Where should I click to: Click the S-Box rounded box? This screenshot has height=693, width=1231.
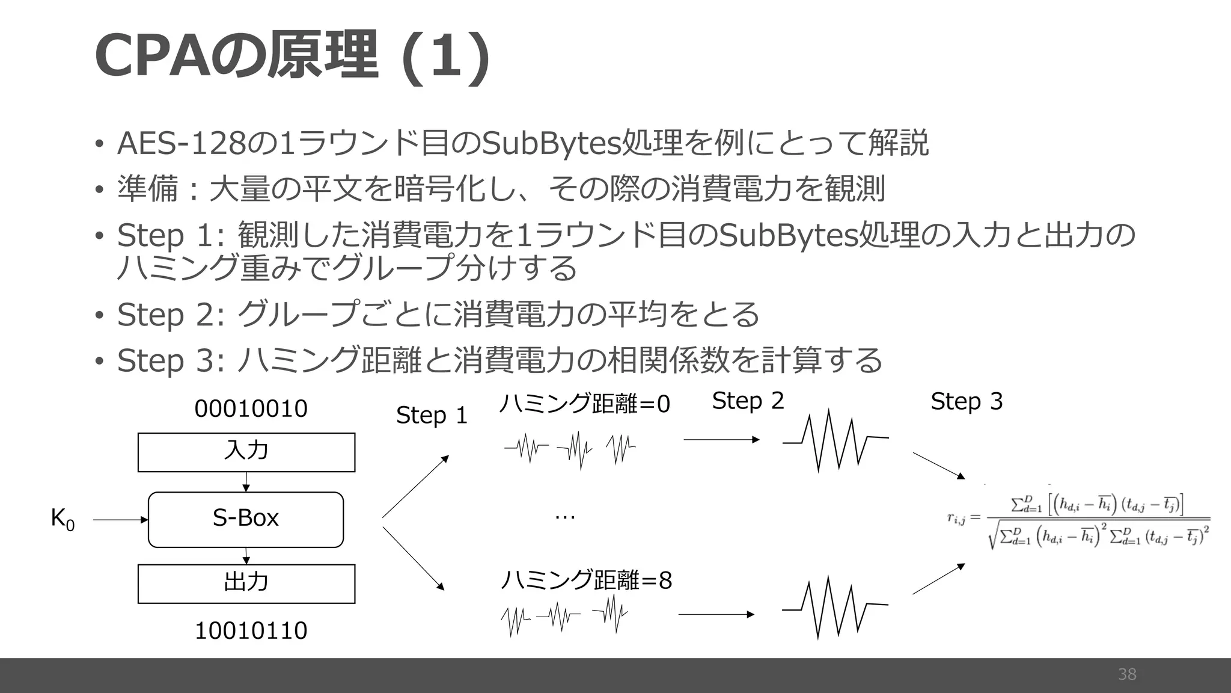click(246, 519)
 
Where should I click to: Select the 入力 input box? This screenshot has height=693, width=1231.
click(246, 452)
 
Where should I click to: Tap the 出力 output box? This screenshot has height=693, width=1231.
click(246, 583)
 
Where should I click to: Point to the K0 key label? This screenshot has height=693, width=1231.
click(63, 519)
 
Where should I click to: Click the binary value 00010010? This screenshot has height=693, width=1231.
click(251, 409)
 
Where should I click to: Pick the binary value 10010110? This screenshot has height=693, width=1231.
click(251, 630)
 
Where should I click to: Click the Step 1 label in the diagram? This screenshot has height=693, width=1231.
click(432, 415)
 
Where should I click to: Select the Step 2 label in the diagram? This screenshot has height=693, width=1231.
click(748, 401)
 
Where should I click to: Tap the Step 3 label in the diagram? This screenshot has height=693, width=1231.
click(967, 401)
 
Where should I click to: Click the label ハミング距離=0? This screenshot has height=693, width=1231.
click(584, 404)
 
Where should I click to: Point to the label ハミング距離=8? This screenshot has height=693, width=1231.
click(586, 581)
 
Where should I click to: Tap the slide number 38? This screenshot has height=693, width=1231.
click(1127, 674)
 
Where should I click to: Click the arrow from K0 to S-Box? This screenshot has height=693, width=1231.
click(120, 520)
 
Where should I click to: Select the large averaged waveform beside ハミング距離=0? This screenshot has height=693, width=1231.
click(835, 440)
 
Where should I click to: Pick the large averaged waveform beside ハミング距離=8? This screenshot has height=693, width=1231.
click(835, 608)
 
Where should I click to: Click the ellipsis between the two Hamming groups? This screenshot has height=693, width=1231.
click(565, 516)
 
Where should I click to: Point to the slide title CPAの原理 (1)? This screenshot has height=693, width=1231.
click(292, 55)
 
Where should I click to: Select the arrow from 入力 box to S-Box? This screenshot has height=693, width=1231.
click(246, 482)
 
